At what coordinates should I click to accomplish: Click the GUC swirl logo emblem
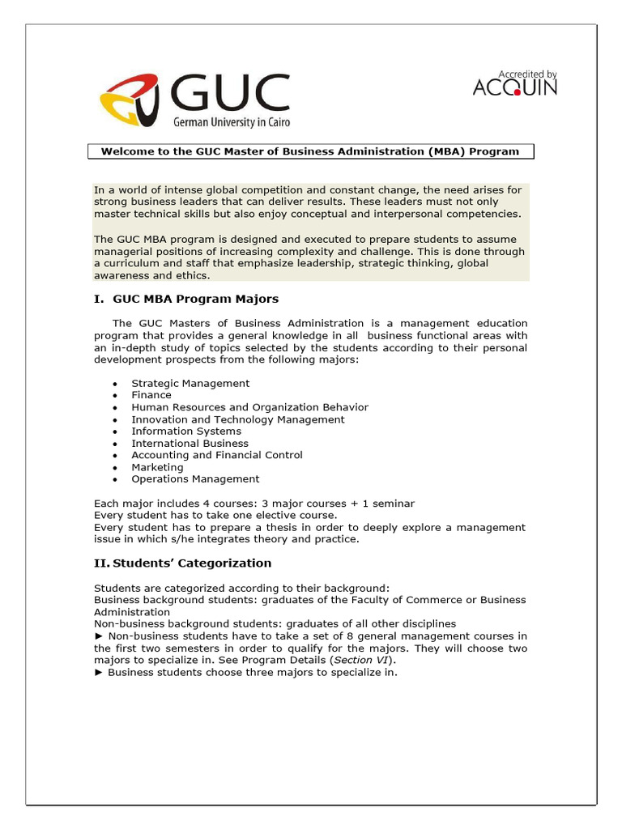coord(129,100)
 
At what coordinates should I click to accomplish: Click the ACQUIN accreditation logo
coord(515,83)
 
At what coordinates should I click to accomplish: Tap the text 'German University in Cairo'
coord(231,122)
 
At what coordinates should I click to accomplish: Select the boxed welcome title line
coord(309,151)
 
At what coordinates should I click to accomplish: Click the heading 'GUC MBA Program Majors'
coord(195,299)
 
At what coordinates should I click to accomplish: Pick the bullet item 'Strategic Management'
coord(190,383)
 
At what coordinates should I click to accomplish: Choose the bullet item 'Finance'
coord(151,395)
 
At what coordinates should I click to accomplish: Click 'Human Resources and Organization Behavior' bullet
coord(249,407)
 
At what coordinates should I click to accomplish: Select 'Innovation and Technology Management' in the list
coord(238,419)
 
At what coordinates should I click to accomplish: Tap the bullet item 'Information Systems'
coord(186,431)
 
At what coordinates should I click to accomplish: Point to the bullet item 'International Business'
coord(190,443)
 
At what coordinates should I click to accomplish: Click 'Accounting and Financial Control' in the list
coord(217,455)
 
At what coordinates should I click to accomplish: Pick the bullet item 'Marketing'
coord(157,467)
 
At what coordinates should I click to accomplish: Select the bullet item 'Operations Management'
coord(195,478)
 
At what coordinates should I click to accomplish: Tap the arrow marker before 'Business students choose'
coord(99,672)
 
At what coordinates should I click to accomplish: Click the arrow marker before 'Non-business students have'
coord(99,636)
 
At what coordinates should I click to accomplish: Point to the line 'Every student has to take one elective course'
coord(215,515)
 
